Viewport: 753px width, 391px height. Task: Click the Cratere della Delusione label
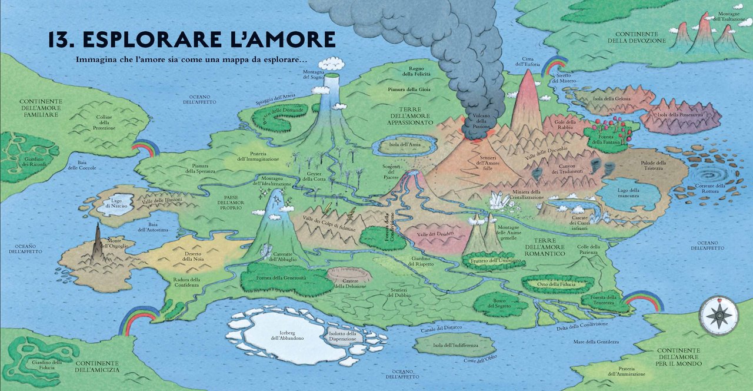point(350,283)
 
